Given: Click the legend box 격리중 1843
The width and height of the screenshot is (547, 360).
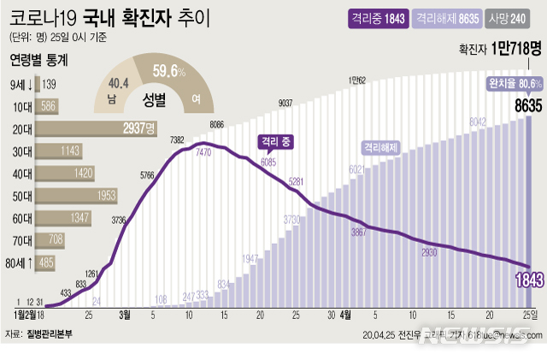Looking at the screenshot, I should [x=376, y=18].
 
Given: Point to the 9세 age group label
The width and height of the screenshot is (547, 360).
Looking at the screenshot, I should [x=21, y=84].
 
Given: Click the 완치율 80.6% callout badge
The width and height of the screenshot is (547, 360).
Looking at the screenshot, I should [x=514, y=84].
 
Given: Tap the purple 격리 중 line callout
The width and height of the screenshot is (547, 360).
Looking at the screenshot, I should [x=273, y=141].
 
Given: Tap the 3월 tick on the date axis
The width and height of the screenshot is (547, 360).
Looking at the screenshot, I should [x=125, y=314].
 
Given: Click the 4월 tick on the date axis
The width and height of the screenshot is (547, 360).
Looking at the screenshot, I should [x=345, y=314].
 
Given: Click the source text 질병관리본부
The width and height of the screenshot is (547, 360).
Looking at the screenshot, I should [x=50, y=334].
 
